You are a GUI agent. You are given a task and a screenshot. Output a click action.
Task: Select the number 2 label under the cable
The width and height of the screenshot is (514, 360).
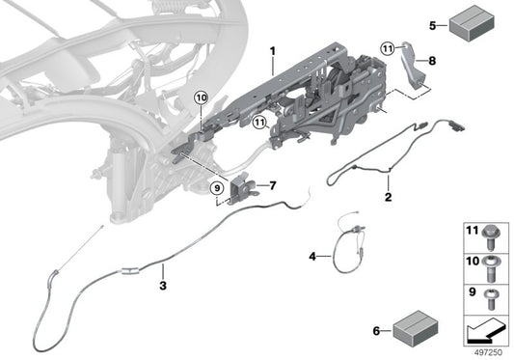(x=388, y=198)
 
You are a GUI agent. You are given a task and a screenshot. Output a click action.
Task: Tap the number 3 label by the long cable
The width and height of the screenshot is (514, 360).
(x=164, y=286)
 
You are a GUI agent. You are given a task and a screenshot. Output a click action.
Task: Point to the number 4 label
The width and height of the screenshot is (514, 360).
(x=312, y=258)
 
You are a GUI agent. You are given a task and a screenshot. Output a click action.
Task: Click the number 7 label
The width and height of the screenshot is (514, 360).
(x=273, y=184)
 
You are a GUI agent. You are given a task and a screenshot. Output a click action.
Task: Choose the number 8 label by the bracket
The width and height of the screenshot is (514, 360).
(x=431, y=61)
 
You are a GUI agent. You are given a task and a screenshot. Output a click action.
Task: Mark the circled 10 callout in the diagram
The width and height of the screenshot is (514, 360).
(x=201, y=97)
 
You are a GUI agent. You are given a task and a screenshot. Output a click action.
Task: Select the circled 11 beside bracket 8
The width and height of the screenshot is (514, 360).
(x=387, y=48)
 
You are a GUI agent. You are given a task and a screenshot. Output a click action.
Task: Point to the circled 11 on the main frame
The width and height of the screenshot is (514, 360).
(x=258, y=122)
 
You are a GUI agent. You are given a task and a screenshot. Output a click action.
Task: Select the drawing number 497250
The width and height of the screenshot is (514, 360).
(x=487, y=352)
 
